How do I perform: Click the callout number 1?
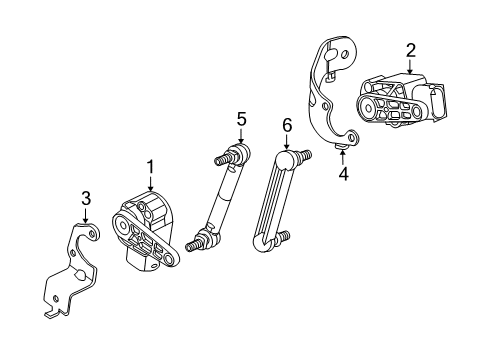tap(151, 166)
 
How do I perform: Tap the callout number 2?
tap(410, 50)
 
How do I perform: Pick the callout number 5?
tap(241, 119)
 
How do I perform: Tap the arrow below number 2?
tap(410, 66)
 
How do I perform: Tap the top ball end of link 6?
tap(289, 157)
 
